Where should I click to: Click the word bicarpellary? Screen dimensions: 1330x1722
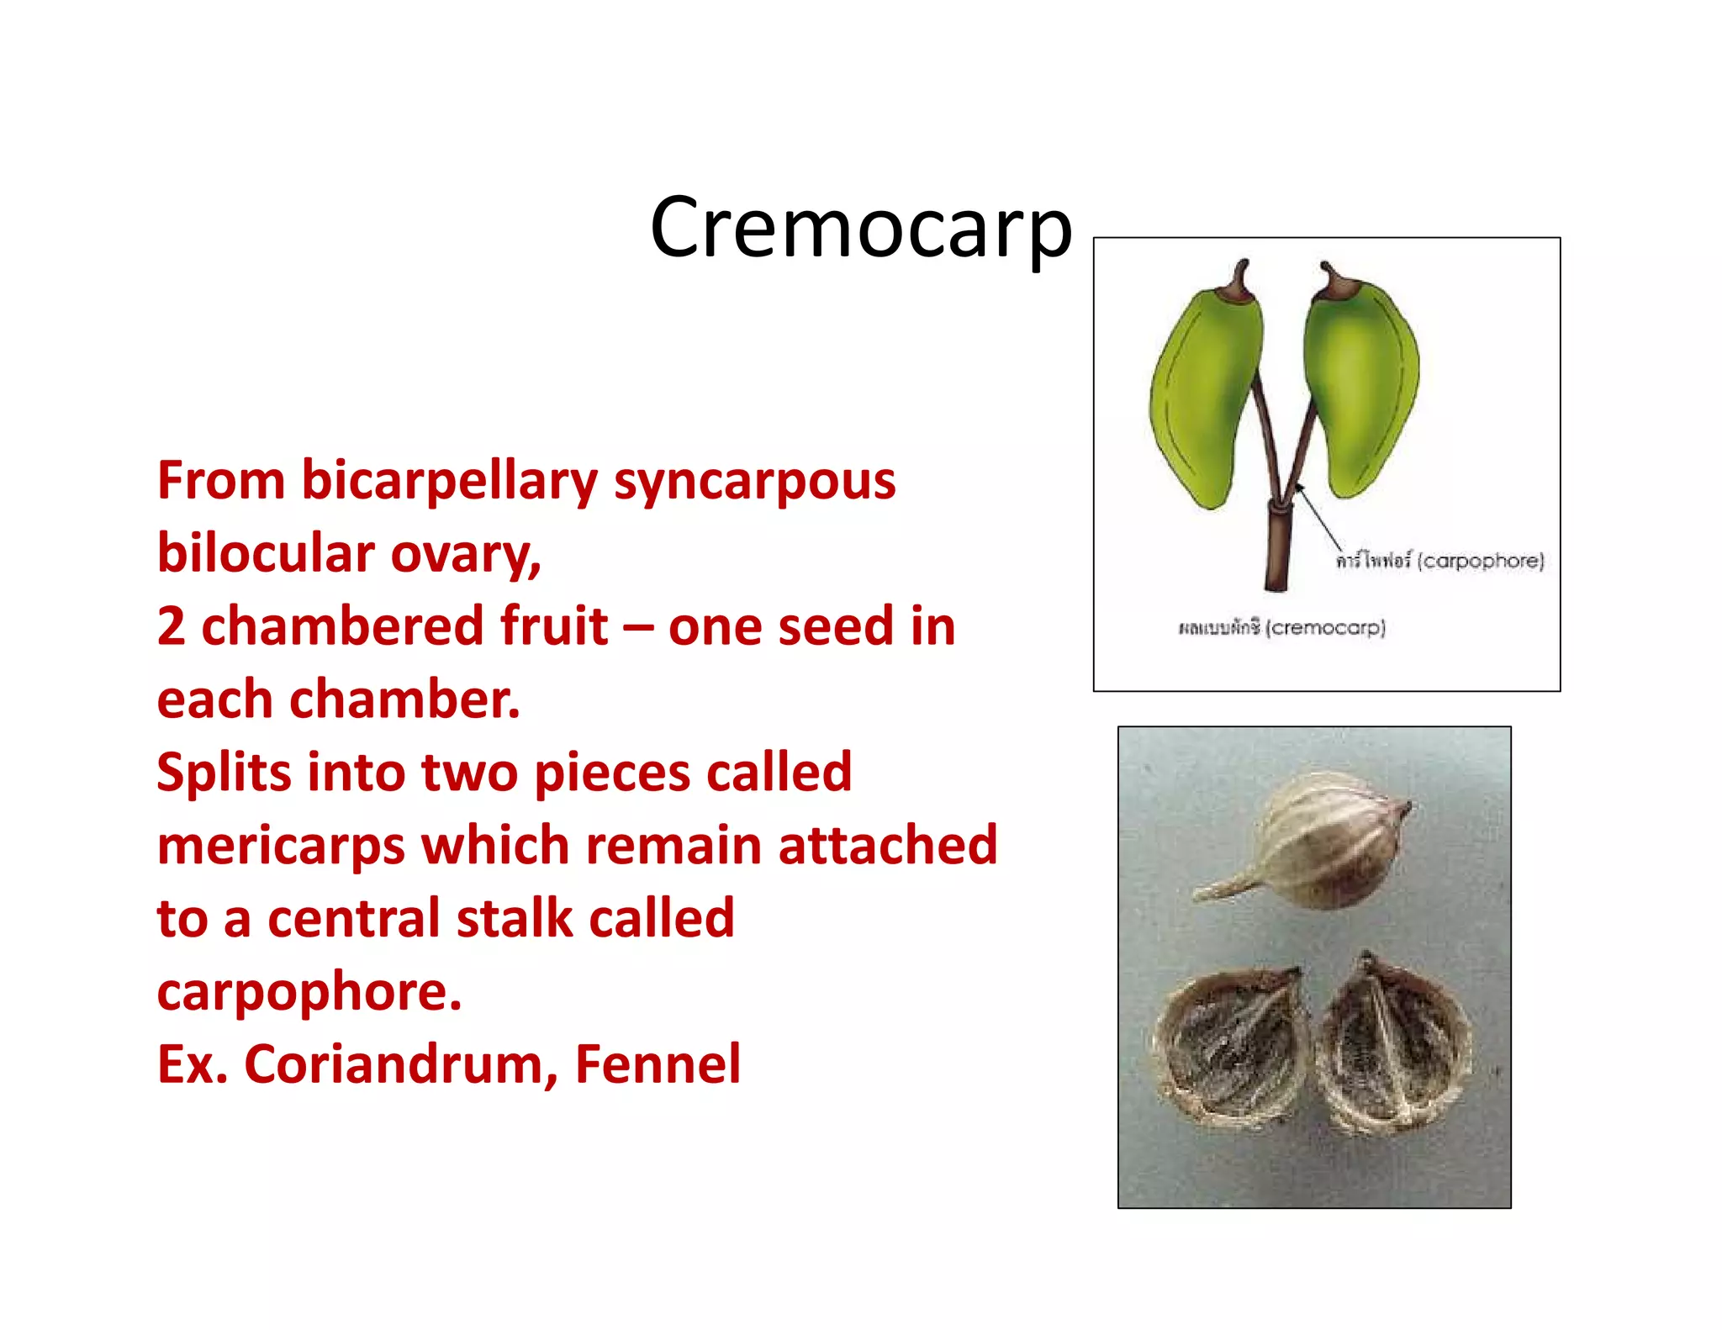[449, 482]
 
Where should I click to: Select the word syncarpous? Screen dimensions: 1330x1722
[754, 482]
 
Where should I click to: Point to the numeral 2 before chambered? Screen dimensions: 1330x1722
[171, 627]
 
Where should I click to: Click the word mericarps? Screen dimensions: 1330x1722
[280, 846]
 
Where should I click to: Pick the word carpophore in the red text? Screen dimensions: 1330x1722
[309, 993]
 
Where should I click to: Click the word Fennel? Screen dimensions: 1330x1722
[658, 1065]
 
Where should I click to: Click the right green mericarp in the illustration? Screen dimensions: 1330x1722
[1360, 387]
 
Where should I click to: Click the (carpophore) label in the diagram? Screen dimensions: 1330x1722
[1481, 561]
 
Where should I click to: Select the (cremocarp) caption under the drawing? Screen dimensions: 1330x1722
[1325, 627]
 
